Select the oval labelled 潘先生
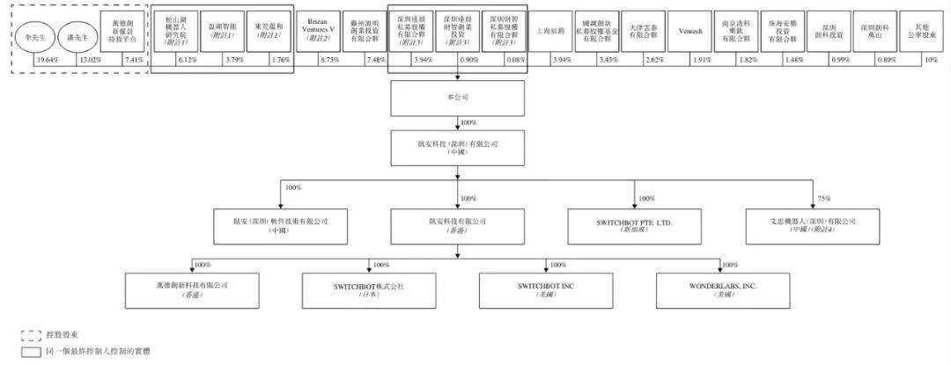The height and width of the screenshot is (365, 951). pyautogui.click(x=77, y=35)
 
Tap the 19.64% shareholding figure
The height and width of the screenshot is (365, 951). pyautogui.click(x=46, y=59)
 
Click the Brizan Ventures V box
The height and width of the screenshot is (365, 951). pyautogui.click(x=318, y=31)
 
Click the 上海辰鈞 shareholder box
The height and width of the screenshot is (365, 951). pyautogui.click(x=550, y=31)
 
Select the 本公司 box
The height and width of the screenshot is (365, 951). pyautogui.click(x=457, y=98)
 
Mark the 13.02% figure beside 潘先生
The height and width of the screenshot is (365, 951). pyautogui.click(x=89, y=59)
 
